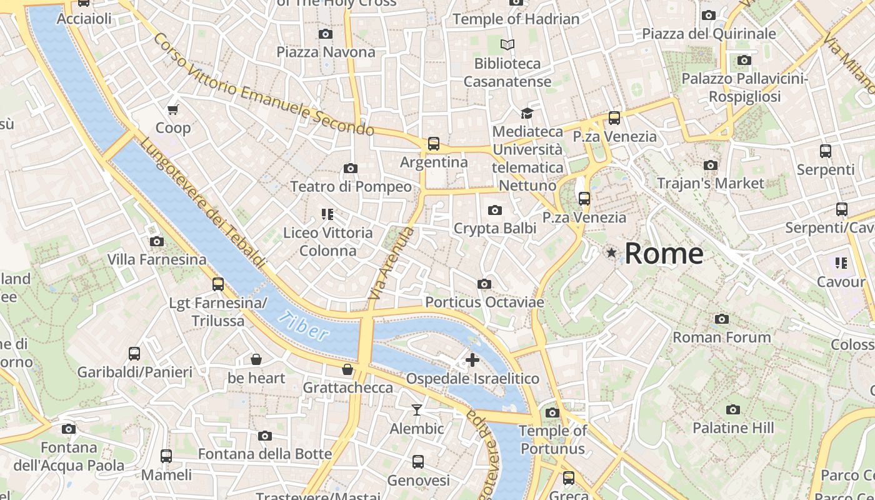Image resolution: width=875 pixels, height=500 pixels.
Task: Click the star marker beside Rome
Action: (x=611, y=252)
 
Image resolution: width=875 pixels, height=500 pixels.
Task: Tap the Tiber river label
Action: (x=304, y=325)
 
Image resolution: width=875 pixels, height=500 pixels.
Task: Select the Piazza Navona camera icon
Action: (x=325, y=34)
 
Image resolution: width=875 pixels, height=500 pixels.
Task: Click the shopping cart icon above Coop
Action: (x=172, y=110)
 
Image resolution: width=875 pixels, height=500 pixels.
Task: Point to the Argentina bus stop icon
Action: (x=434, y=144)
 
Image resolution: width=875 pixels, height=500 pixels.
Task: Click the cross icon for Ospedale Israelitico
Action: (x=472, y=359)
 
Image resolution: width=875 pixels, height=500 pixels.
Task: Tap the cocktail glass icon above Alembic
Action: (x=416, y=410)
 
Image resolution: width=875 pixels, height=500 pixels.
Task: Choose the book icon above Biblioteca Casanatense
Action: (x=507, y=45)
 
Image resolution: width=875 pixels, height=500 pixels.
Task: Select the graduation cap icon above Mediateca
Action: (x=527, y=113)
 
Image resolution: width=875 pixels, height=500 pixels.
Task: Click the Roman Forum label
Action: (x=721, y=337)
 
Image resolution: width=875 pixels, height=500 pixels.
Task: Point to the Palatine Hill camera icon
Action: (x=733, y=409)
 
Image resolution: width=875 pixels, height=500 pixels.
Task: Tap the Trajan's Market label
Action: (x=710, y=183)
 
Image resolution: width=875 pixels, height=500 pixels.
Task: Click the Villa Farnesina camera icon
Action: (x=157, y=241)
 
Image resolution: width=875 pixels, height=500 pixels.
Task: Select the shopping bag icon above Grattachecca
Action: (x=347, y=369)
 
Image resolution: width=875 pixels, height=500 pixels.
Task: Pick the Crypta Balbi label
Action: (x=495, y=228)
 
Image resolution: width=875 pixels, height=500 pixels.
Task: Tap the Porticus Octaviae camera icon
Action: (x=484, y=284)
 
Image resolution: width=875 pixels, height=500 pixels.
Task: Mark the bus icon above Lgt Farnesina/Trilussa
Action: (x=218, y=284)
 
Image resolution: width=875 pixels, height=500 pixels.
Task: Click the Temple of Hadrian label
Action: (x=516, y=19)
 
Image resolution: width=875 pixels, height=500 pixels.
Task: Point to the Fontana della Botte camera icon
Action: (x=265, y=436)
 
